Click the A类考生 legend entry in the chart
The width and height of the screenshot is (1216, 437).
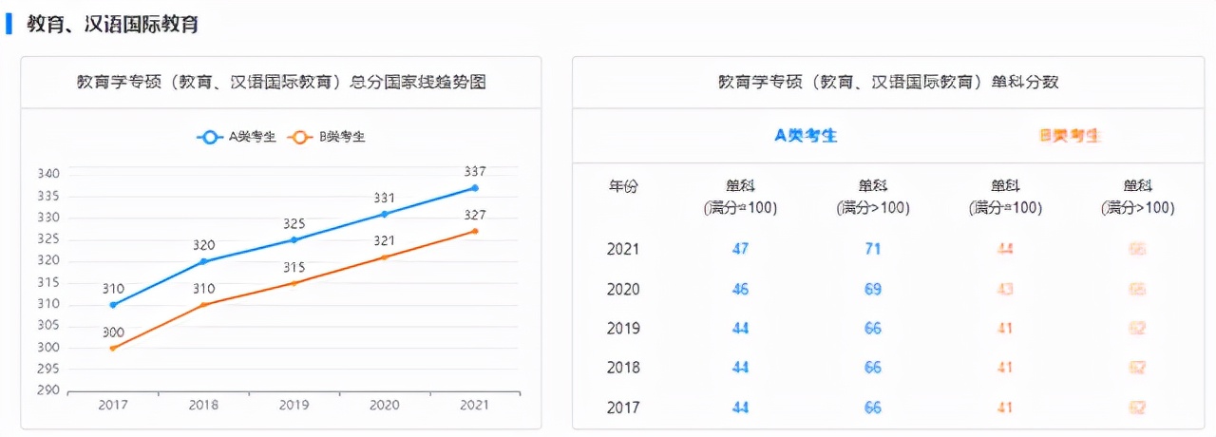point(237,137)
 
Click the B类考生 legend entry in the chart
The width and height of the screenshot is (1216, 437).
point(328,137)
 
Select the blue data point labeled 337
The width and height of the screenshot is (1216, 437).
point(475,187)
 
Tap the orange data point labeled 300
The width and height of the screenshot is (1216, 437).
point(113,348)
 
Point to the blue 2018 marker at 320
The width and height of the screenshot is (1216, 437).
point(203,261)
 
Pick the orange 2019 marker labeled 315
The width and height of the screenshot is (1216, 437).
point(294,283)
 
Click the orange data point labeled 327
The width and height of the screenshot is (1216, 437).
point(475,231)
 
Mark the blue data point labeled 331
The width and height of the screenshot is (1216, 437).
point(384,214)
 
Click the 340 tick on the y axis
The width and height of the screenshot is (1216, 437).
point(48,174)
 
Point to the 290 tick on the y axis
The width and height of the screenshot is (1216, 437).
point(48,390)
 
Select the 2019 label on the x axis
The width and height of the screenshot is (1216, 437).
point(294,405)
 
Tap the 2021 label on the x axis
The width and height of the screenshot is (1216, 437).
point(474,405)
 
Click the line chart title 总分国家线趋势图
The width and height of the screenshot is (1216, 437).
point(281,83)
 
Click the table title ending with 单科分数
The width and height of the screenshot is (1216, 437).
point(888,83)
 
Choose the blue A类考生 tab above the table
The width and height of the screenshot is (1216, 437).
point(806,136)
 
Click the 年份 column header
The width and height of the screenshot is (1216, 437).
point(623,187)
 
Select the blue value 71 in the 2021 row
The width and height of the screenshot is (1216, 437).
point(872,249)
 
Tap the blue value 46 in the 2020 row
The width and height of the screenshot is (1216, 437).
point(740,289)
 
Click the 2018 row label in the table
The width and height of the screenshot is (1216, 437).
point(623,368)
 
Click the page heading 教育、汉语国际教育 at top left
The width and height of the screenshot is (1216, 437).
point(112,25)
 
